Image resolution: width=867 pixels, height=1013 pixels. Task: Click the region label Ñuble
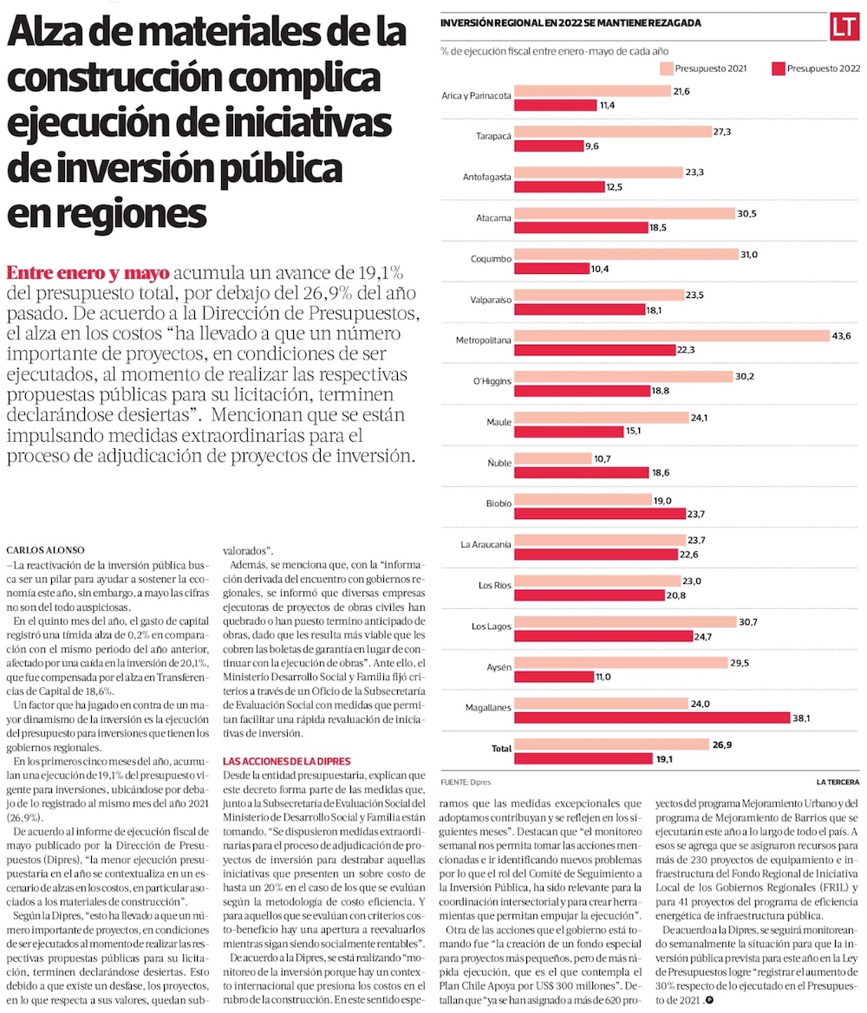499,463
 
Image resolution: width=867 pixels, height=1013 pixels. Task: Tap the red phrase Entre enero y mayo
88,271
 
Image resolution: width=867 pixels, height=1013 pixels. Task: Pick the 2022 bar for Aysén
553,676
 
